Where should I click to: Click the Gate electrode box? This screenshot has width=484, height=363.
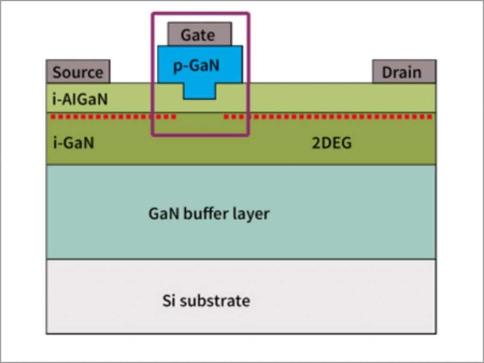point(200,34)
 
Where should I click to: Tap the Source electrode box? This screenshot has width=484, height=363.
point(78,72)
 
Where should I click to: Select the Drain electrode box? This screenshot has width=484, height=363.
point(404,72)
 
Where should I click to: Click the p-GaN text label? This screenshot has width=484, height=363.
point(196,65)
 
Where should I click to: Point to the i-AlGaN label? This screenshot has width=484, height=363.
point(80,99)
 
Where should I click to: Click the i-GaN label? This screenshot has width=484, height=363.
point(73,142)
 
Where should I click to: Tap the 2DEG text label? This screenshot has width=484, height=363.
point(332,142)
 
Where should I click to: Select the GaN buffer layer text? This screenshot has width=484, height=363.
point(209,213)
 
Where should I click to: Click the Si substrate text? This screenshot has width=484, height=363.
point(206,300)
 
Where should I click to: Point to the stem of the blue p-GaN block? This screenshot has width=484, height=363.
point(200,91)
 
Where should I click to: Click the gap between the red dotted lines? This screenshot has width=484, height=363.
point(200,116)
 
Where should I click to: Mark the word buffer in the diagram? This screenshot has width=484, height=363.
point(208,213)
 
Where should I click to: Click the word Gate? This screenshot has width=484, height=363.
point(198,35)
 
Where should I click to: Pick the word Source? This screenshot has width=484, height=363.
point(78,72)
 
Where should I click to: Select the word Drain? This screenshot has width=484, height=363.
point(401,72)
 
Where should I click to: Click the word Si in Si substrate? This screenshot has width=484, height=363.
point(168,300)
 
